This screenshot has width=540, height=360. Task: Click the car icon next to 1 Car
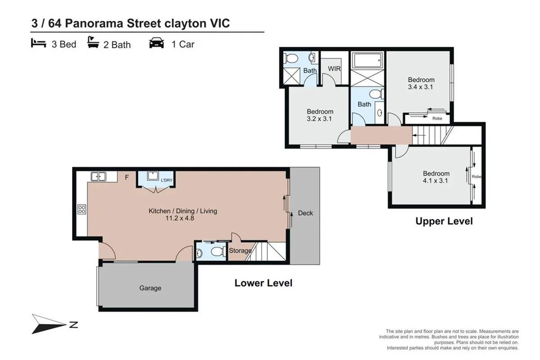(x=157, y=44)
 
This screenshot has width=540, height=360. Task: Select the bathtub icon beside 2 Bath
(x=94, y=43)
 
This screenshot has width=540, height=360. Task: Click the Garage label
(x=150, y=288)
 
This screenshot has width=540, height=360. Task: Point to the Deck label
(x=305, y=213)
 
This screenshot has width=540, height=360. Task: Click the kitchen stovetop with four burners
(x=82, y=209)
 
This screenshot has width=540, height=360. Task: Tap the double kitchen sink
(x=98, y=176)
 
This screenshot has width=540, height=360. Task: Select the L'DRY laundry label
(x=167, y=181)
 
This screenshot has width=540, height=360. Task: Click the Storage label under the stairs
(x=240, y=251)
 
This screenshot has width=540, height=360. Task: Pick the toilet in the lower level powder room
(x=218, y=251)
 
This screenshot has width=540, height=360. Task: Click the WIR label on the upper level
(x=334, y=69)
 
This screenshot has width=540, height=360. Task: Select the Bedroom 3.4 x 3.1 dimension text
(x=420, y=87)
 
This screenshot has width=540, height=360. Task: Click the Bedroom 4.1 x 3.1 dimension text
(x=436, y=181)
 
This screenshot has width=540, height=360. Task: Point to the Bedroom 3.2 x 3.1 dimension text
(x=320, y=119)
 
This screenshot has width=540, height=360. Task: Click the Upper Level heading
(x=444, y=221)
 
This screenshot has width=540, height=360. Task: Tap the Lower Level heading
(x=263, y=283)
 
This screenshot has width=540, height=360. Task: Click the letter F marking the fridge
(x=126, y=177)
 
